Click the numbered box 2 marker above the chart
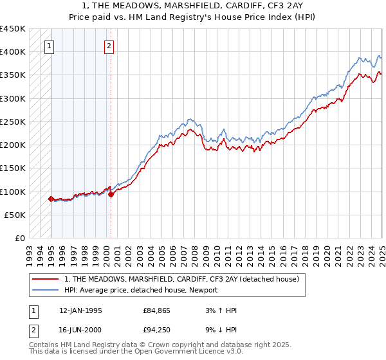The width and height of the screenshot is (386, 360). [109, 46]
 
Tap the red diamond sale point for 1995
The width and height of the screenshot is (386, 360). [51, 199]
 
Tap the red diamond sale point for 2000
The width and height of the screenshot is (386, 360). [111, 194]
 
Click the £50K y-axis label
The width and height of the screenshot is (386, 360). [15, 215]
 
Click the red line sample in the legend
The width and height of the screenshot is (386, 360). [46, 280]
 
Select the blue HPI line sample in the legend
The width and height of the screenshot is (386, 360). [46, 291]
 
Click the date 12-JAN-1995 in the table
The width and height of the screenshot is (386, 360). [80, 310]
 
